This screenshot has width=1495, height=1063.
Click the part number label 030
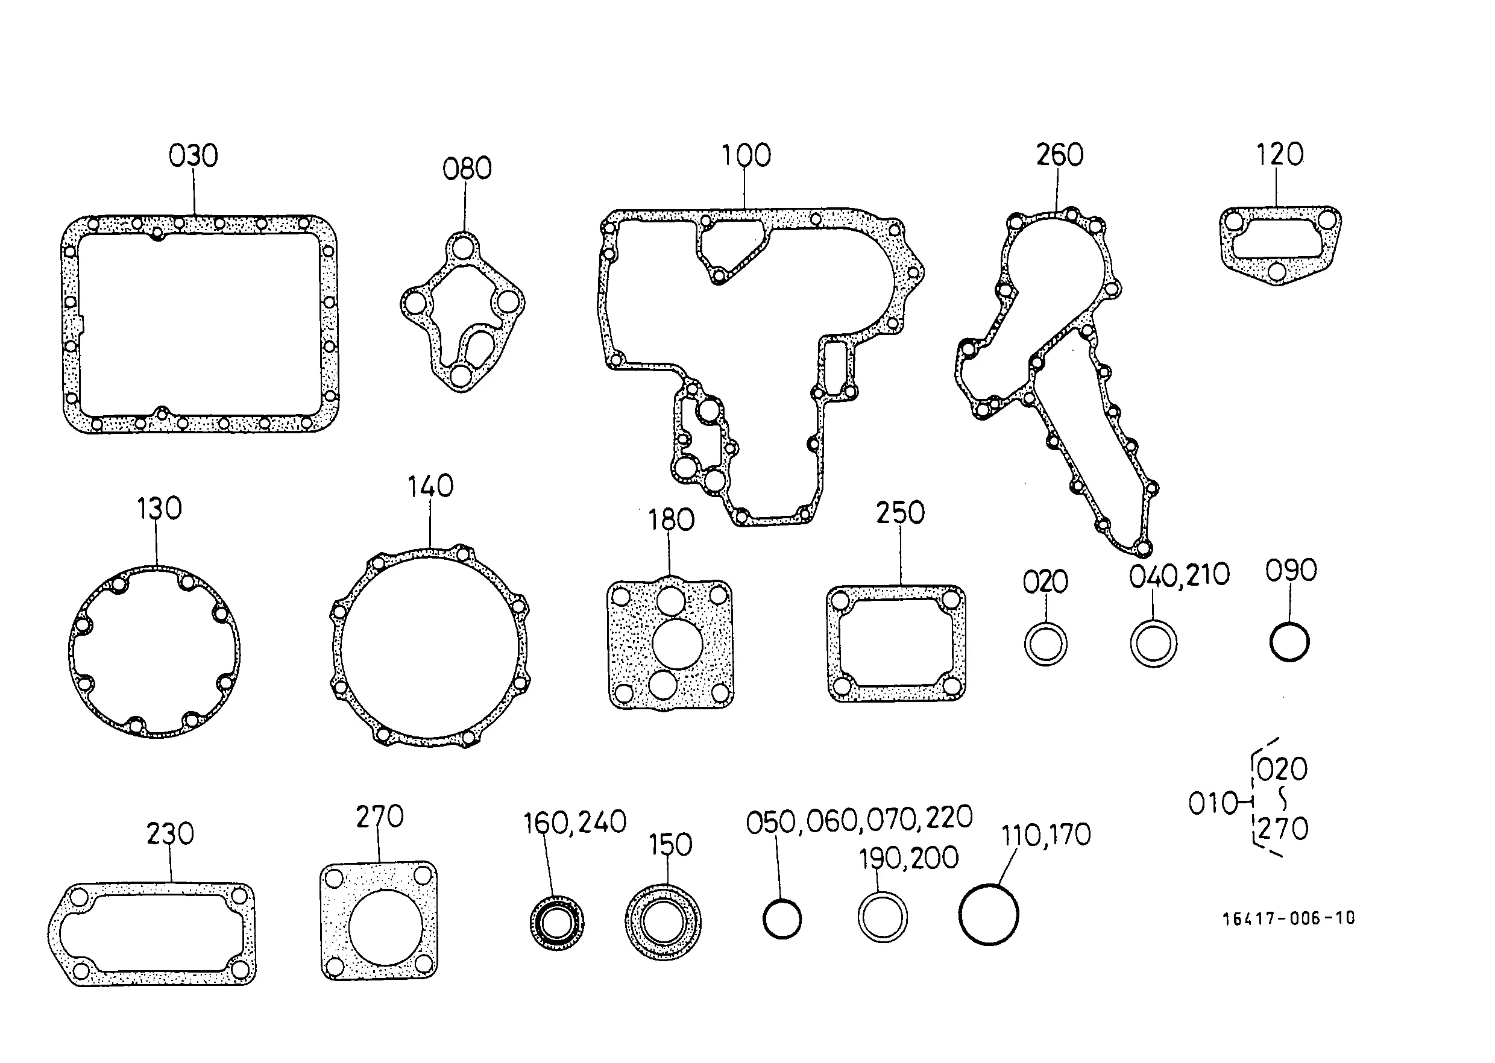point(193,156)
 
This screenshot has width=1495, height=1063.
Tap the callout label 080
point(467,169)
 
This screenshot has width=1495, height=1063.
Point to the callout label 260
point(1060,155)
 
